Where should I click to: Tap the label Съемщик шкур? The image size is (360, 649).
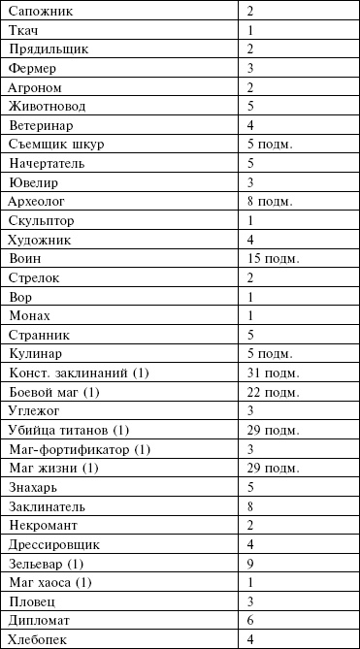coord(54,145)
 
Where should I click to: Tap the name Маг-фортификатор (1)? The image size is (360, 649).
coord(79,449)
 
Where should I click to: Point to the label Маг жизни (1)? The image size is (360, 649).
coord(52,468)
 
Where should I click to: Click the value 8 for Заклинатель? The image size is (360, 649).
coord(250,506)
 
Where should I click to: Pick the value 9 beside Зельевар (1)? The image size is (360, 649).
coord(250,564)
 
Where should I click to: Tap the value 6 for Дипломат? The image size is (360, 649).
coord(250,620)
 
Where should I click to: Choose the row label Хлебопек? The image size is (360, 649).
coord(37,639)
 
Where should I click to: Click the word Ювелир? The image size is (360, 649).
coord(33,182)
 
